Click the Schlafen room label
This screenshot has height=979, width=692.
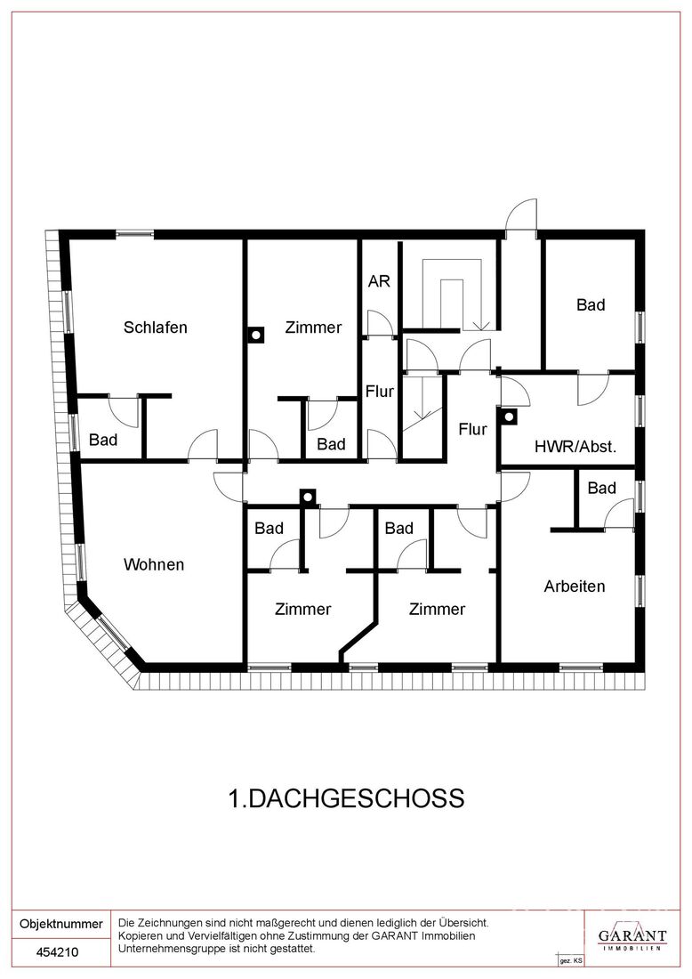(156, 328)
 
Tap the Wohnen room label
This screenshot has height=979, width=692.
(154, 564)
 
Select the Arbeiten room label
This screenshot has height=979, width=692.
(575, 587)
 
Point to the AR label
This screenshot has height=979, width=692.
(379, 281)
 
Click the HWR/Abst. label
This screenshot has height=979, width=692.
(575, 447)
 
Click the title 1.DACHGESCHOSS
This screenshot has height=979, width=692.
(346, 798)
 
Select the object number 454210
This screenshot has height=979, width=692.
(58, 952)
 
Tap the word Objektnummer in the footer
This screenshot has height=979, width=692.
(61, 924)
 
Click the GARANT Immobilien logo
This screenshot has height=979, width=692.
(632, 936)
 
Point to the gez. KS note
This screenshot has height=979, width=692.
(571, 960)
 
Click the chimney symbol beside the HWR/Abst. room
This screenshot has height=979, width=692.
(510, 416)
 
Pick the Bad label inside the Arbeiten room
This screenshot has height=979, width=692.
(601, 488)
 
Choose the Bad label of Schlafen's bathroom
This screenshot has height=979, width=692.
(103, 441)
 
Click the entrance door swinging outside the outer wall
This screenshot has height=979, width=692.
(521, 215)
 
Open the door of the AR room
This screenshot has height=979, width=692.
(380, 325)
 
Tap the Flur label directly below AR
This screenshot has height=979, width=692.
(380, 392)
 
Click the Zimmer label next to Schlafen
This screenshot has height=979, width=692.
(313, 328)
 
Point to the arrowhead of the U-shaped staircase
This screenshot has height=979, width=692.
(482, 326)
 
